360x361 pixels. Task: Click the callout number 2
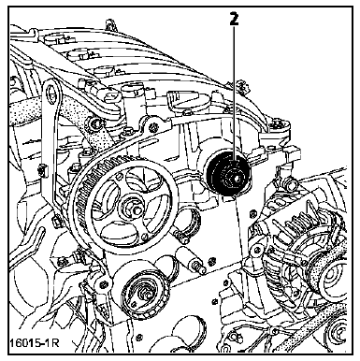pos(234,20)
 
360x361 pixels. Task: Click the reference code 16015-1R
pos(34,342)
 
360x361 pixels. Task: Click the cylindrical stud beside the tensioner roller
pos(191,259)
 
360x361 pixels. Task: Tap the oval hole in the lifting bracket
pos(51,94)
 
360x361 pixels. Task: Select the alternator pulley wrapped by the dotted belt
pos(332,279)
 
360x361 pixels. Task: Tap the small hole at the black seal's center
pos(237,179)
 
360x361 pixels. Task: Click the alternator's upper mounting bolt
pos(291,184)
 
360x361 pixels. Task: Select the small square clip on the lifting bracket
pos(42,171)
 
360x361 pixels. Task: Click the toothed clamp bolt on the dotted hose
pos(95,123)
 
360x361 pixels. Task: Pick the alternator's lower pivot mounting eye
pos(257,250)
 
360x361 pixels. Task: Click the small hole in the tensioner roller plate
pos(134,302)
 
